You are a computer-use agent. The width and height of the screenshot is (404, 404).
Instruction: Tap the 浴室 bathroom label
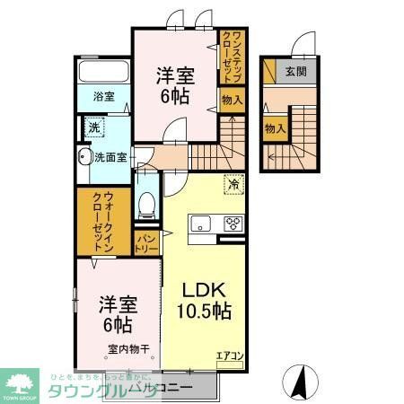coord(103,98)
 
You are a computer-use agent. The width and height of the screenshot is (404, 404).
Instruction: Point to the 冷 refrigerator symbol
coord(233,184)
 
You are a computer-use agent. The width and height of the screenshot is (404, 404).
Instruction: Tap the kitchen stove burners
coord(233,224)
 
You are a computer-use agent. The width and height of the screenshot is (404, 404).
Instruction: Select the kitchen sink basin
coord(200,224)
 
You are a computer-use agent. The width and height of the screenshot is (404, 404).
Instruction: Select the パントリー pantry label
coord(146,240)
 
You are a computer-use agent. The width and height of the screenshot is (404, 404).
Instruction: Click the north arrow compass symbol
coord(302,381)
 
